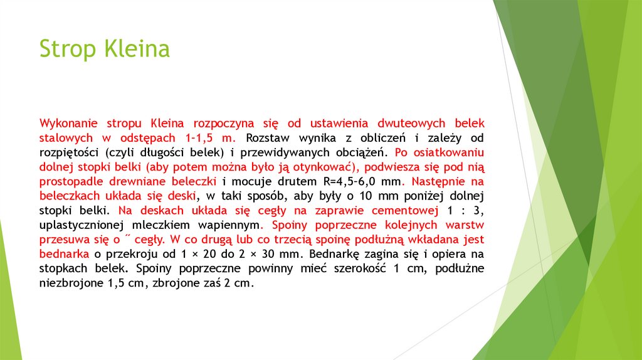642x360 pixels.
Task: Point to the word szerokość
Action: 350,268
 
